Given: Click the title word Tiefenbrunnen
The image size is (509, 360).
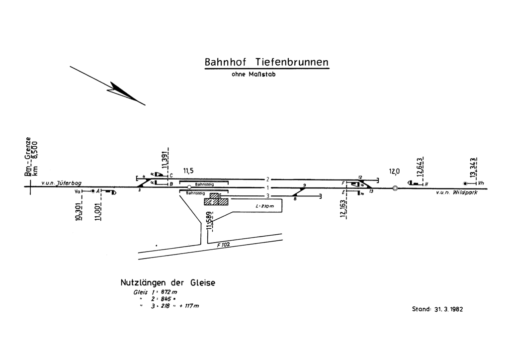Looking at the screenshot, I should tap(292, 63).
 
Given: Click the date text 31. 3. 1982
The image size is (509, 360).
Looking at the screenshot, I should tap(445, 309).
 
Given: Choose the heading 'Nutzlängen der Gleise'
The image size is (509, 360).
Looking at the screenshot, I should tap(168, 283).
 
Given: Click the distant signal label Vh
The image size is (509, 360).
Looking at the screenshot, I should tap(481, 183).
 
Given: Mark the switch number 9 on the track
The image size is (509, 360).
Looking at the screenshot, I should tap(304, 185).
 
